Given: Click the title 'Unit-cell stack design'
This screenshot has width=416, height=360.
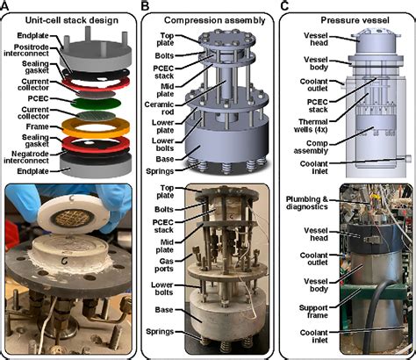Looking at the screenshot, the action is pos(72,20).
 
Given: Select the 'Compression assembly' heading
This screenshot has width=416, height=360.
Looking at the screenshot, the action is pos(215,20).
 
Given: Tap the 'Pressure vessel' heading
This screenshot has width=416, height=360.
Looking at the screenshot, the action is pos(355,20).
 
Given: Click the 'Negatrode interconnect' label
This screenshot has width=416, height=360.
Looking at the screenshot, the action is pos(26,157).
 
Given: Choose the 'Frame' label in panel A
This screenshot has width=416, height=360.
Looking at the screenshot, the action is pos(37,126).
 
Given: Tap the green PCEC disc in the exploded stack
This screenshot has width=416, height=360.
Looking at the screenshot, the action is pos(97,103).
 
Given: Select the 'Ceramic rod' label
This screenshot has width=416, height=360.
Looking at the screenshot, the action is pos(160,108).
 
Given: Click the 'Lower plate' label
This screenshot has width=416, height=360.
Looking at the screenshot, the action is pos(163,126).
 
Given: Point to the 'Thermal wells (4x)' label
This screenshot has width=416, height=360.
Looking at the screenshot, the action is pos(311,126).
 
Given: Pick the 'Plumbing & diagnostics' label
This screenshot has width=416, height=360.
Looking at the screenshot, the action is pos(307,203).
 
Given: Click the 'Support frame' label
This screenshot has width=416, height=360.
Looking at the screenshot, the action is pos(313,312).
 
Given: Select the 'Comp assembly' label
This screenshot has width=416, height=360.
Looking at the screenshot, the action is pos(311,148).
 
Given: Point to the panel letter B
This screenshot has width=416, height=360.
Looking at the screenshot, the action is pos(145,5).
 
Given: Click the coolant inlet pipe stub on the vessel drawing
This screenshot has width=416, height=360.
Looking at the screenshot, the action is pos(407,158).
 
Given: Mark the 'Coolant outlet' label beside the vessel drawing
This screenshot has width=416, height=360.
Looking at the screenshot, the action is pos(314,85).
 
